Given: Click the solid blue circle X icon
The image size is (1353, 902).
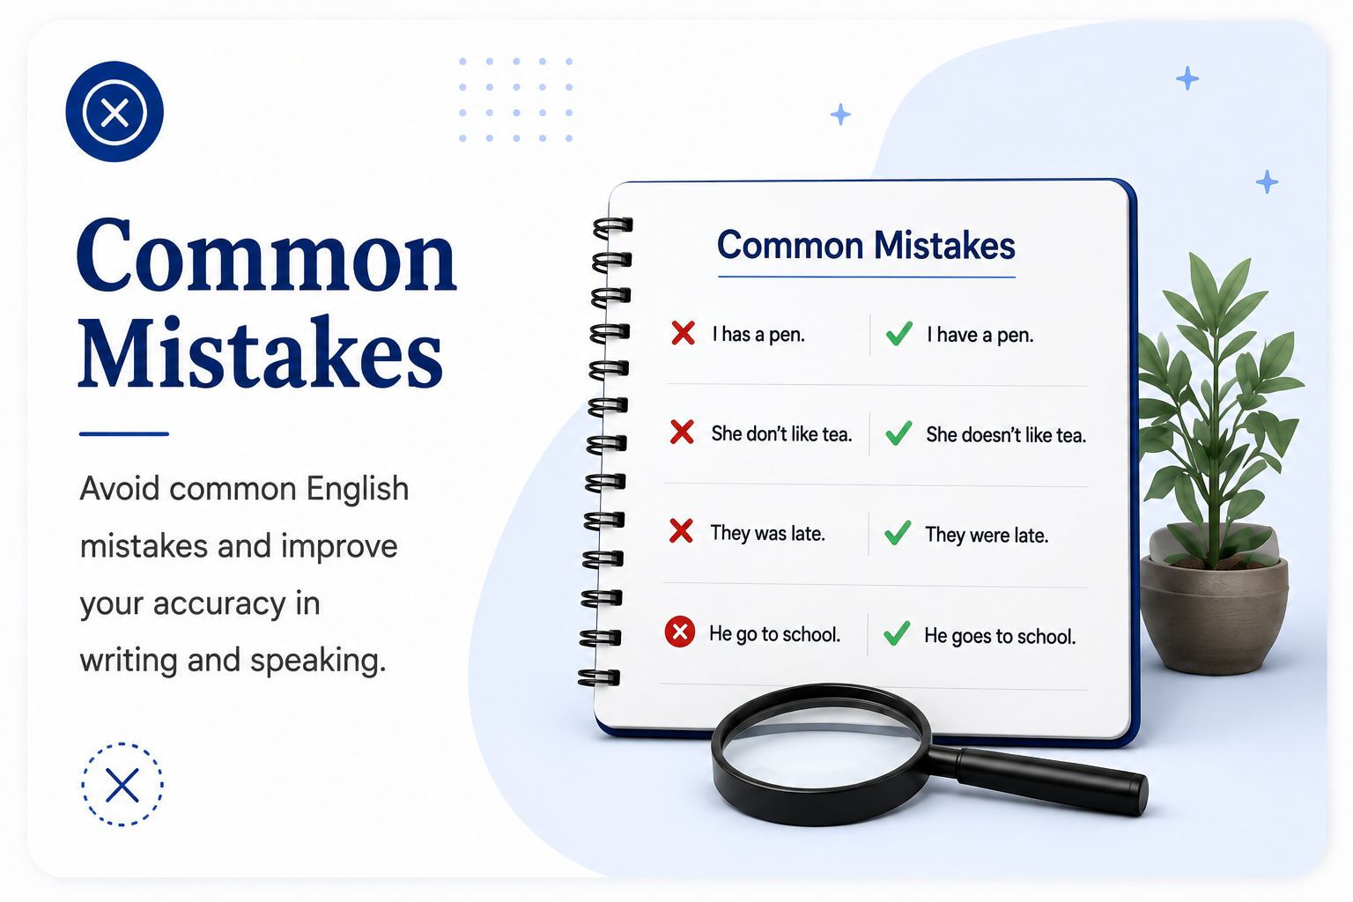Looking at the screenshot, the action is (x=115, y=112).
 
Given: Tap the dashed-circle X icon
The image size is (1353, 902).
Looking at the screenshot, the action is (x=122, y=784).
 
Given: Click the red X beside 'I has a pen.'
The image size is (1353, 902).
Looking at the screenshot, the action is (x=684, y=333).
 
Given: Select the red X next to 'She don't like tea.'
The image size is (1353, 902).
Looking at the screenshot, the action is (x=682, y=432).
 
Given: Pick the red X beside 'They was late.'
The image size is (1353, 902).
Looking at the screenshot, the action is (x=681, y=531).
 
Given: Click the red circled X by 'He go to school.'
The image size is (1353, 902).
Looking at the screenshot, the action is (x=679, y=632).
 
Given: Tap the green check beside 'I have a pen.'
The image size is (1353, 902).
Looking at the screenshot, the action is (x=898, y=334).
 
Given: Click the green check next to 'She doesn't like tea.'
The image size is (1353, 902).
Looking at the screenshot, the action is (x=898, y=433).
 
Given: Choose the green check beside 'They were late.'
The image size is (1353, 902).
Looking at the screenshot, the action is (x=898, y=533).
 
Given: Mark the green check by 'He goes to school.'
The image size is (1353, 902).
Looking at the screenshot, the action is (x=897, y=633).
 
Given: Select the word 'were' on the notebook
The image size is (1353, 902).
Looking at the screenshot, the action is (x=989, y=536).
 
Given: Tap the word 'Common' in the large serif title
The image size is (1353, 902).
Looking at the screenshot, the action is (x=266, y=255).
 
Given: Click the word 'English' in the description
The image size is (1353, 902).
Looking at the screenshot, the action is (x=358, y=490).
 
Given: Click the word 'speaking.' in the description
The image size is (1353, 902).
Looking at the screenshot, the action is (x=318, y=662).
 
